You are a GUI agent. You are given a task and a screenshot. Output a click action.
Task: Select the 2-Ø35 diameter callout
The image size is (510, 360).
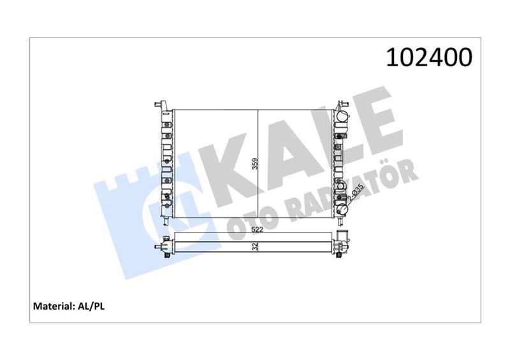[358, 192]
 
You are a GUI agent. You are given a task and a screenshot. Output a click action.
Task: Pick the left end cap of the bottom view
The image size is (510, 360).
[165, 245]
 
